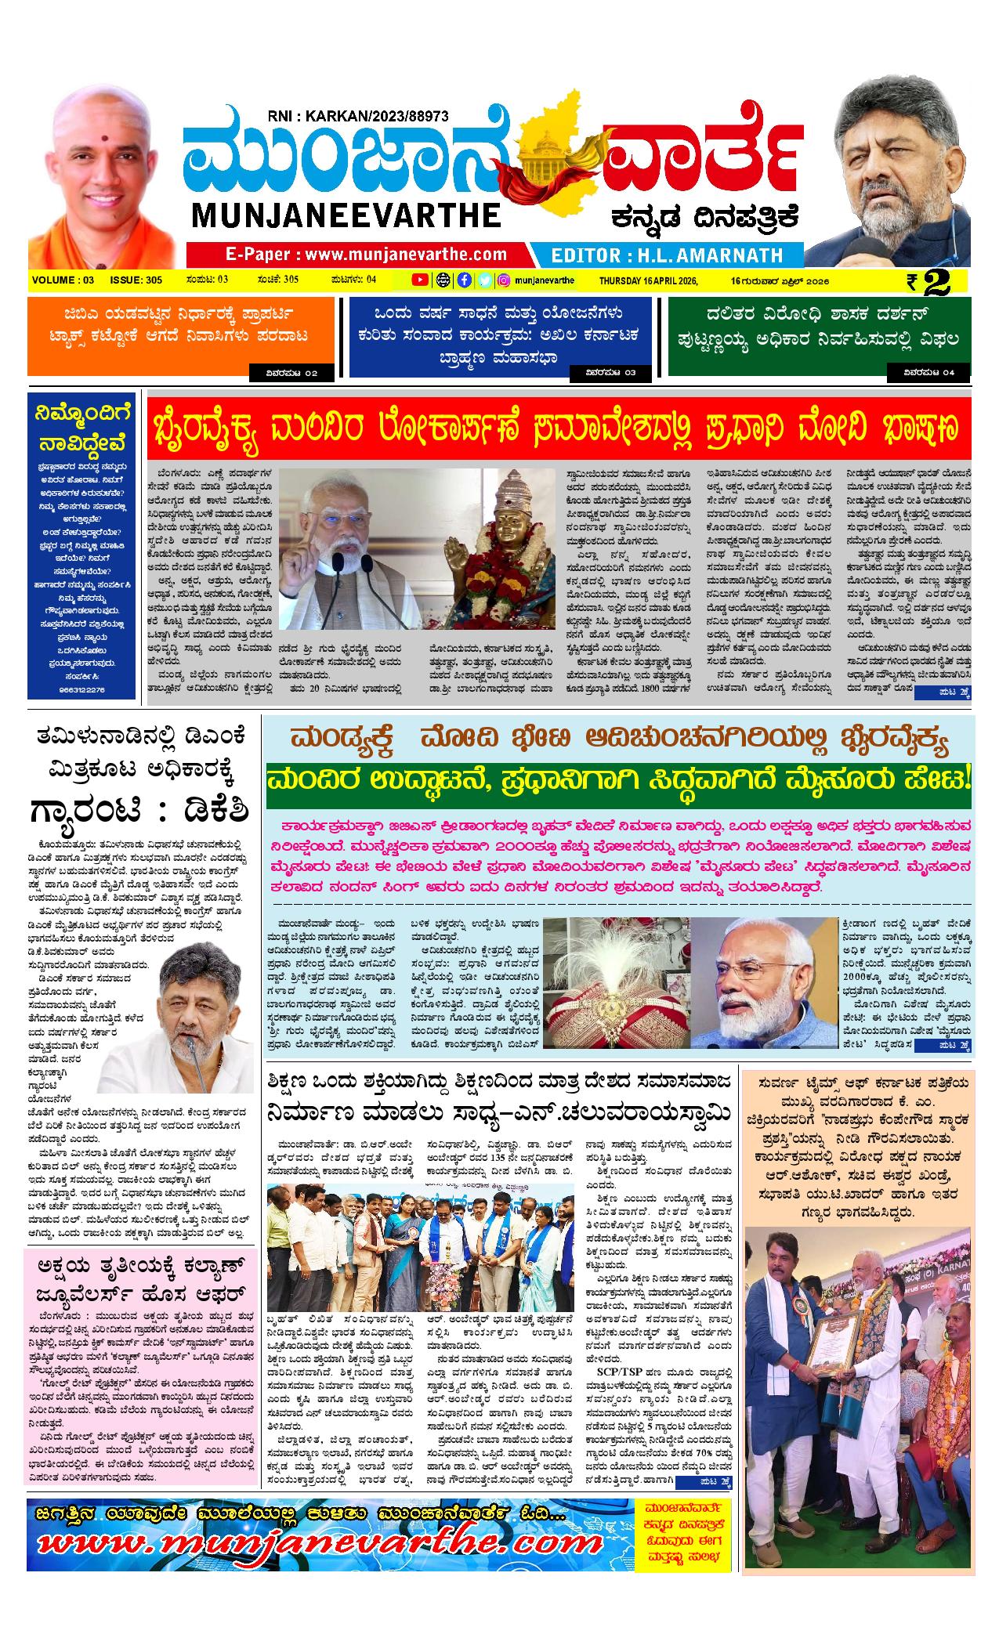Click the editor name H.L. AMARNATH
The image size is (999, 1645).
pyautogui.click(x=667, y=255)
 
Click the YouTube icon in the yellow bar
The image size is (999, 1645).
pyautogui.click(x=420, y=280)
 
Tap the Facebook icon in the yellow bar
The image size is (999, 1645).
pyautogui.click(x=464, y=280)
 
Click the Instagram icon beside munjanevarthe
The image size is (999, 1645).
pyautogui.click(x=505, y=280)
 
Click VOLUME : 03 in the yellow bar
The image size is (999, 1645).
pyautogui.click(x=63, y=280)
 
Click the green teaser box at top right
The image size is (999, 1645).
pyautogui.click(x=819, y=337)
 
